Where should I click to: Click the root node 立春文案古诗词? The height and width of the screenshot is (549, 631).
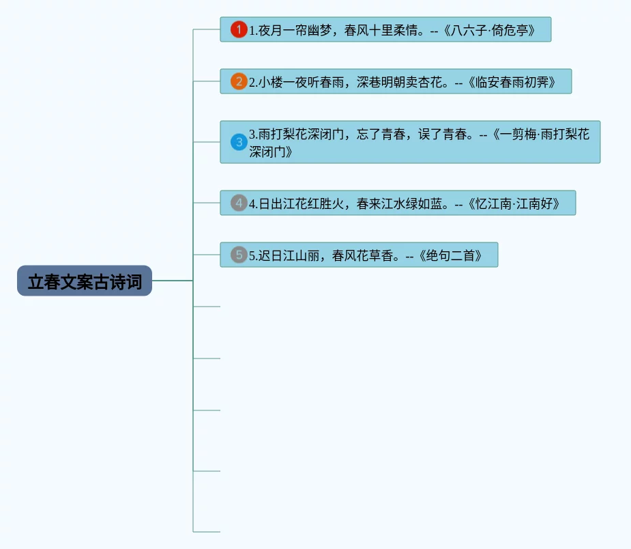click(x=85, y=281)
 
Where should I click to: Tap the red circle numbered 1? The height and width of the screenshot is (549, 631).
click(x=239, y=29)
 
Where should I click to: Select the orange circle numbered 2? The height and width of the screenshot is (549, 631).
click(x=239, y=82)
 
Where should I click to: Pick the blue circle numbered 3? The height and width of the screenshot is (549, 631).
click(x=239, y=142)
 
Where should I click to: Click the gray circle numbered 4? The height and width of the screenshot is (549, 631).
click(x=239, y=203)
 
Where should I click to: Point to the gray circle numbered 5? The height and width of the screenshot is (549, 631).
click(x=239, y=255)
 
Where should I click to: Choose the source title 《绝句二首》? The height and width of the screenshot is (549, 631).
click(x=452, y=256)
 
